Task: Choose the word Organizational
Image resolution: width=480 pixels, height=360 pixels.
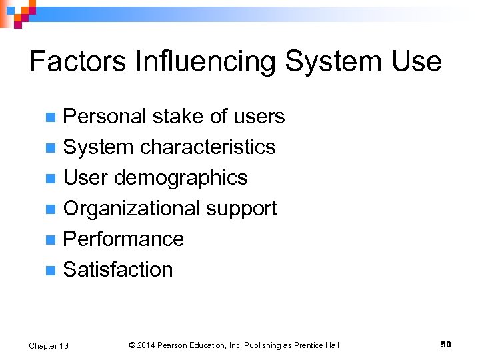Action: [131, 209]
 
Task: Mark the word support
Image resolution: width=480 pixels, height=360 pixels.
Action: [241, 209]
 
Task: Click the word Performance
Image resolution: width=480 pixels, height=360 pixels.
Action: [123, 239]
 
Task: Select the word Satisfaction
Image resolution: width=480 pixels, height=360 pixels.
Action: [118, 269]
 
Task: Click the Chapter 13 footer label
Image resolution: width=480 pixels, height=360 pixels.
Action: [49, 345]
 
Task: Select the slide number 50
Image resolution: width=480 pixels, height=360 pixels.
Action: [446, 344]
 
